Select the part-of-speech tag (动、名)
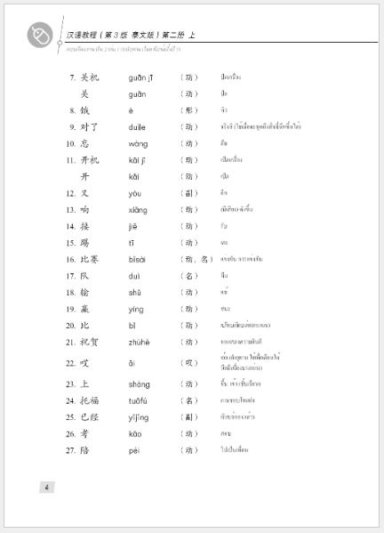click(196, 259)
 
